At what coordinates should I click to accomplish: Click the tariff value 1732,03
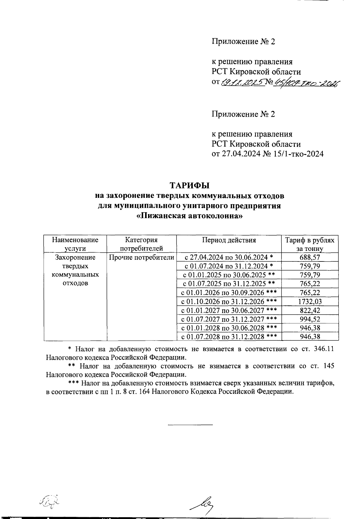point(310,301)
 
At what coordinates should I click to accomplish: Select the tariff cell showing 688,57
point(310,257)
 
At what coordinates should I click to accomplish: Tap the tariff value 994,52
point(310,319)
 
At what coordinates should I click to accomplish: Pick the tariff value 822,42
point(310,310)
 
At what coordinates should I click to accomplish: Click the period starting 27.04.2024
point(229,257)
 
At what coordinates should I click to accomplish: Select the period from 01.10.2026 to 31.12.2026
point(229,301)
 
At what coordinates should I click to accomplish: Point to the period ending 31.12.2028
point(229,337)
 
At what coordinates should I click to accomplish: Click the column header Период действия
point(229,240)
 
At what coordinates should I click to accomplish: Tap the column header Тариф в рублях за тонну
point(310,244)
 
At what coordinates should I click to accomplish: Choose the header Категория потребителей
point(141,244)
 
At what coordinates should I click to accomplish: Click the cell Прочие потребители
point(141,257)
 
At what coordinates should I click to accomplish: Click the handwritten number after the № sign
point(305,83)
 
